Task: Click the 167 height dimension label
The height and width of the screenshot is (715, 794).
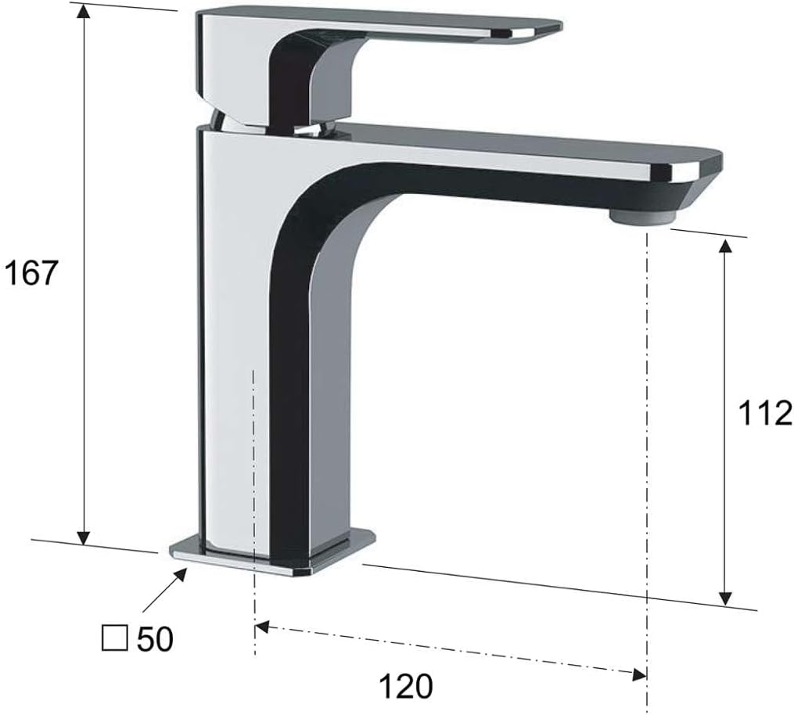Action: [x=31, y=274]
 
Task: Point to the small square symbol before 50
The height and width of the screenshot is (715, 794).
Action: [x=114, y=638]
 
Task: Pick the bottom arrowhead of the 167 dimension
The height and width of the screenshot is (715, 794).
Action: [x=84, y=537]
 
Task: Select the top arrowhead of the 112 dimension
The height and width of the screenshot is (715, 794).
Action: [x=726, y=248]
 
